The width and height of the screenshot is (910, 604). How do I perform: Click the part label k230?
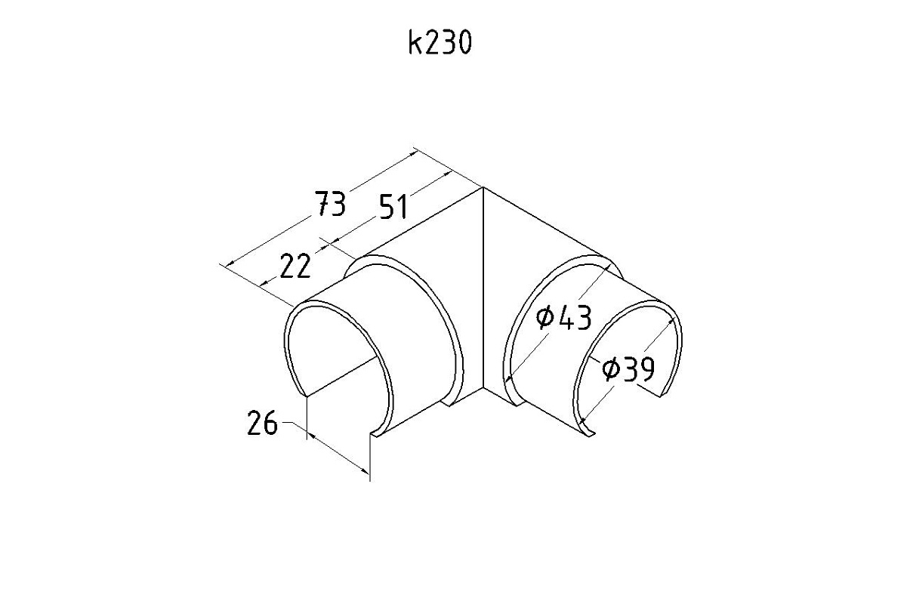pyautogui.click(x=440, y=43)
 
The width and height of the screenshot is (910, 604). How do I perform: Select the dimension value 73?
pyautogui.click(x=330, y=204)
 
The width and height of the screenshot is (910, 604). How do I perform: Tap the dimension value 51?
pyautogui.click(x=393, y=206)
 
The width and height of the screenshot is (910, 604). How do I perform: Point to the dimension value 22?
pyautogui.click(x=296, y=266)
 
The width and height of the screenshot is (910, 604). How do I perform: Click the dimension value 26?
pyautogui.click(x=263, y=423)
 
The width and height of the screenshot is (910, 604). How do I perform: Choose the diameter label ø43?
pyautogui.click(x=563, y=318)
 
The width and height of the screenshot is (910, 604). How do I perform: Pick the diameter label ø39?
pyautogui.click(x=628, y=369)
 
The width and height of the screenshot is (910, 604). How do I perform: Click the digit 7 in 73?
pyautogui.click(x=323, y=204)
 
